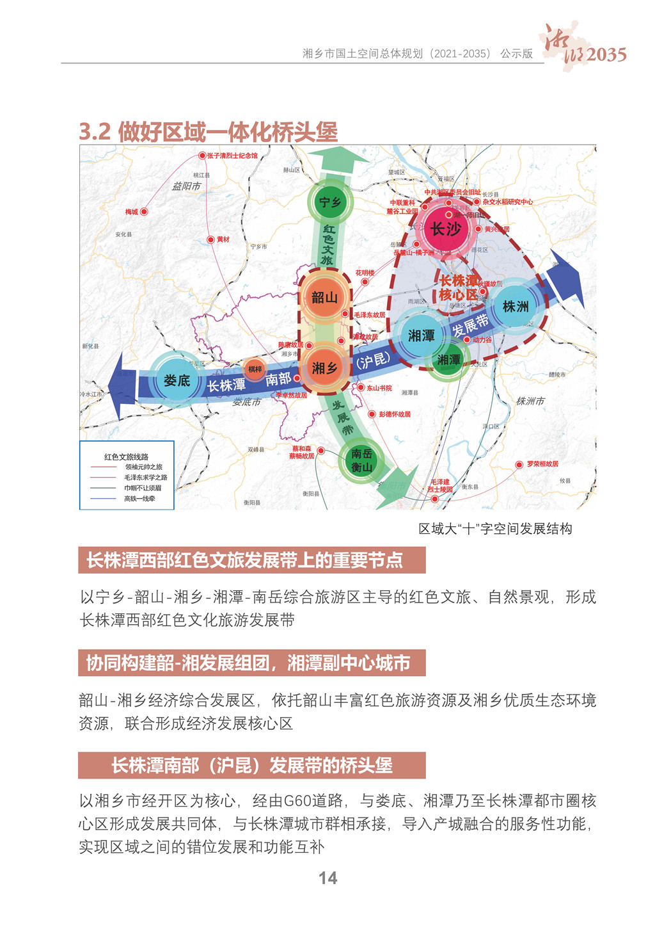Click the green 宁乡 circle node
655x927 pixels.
[x=329, y=203]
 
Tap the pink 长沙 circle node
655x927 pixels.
[x=445, y=229]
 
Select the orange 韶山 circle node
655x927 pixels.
[x=324, y=298]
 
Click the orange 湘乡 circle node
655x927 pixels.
[x=325, y=367]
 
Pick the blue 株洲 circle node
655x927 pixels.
[x=515, y=307]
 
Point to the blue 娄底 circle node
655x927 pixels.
[x=177, y=380]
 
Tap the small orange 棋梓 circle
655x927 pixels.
[x=255, y=369]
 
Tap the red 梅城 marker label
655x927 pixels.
[x=132, y=212]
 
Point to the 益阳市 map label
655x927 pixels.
[x=186, y=186]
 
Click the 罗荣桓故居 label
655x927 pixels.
[x=542, y=463]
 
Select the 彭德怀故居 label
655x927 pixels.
[x=394, y=414]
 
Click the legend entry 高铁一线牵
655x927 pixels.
[x=139, y=499]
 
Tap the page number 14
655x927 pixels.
[x=327, y=878]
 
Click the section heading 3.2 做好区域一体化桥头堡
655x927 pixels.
[x=208, y=133]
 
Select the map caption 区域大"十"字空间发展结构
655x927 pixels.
[x=495, y=529]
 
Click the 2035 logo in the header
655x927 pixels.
[x=605, y=55]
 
